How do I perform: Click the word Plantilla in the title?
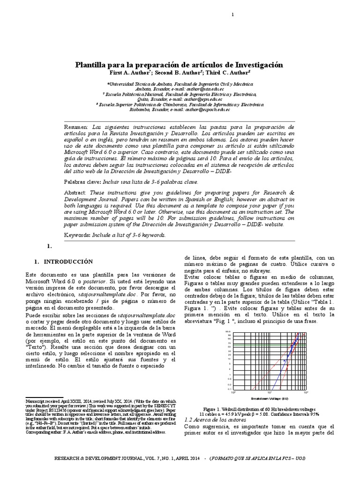(x=92, y=65)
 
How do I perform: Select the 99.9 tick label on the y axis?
(x=229, y=332)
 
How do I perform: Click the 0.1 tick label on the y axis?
(x=230, y=389)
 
